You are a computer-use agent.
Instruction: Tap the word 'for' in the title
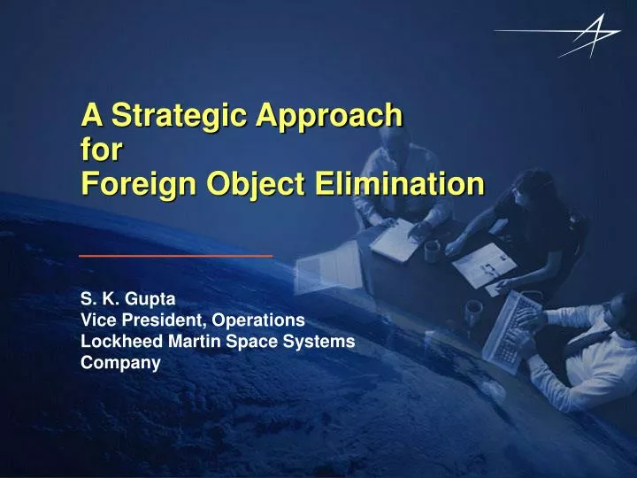pos(101,149)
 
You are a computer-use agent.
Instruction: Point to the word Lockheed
pos(118,341)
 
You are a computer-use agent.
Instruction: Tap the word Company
pos(120,362)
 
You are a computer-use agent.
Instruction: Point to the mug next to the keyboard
pos(475,310)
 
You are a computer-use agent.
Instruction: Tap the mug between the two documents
pos(433,251)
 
